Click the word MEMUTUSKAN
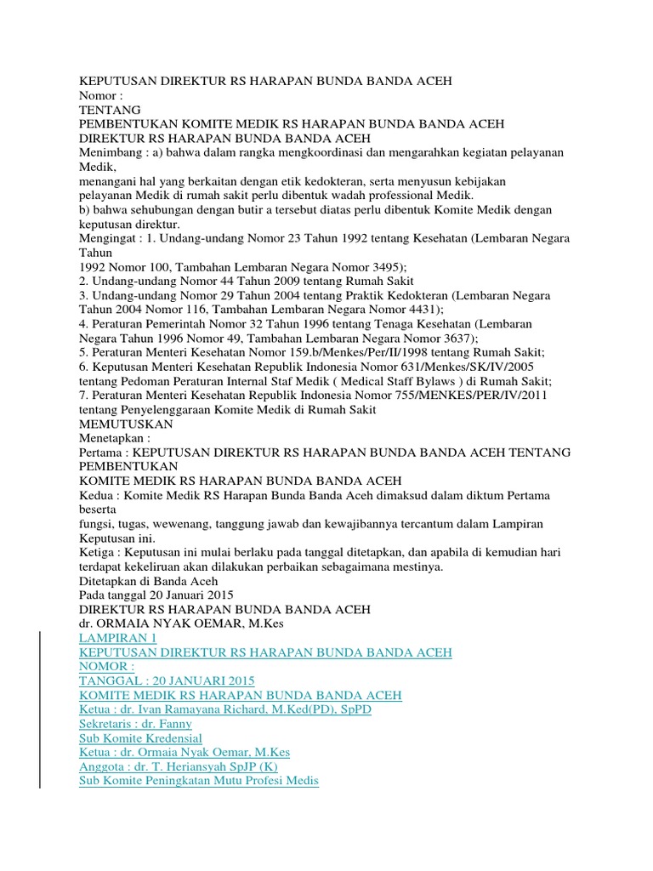tap(126, 423)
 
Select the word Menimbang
tap(108, 151)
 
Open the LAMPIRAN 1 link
tap(117, 638)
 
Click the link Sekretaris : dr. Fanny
tap(135, 724)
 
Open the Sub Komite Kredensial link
tap(140, 738)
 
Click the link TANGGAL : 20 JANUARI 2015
tap(166, 680)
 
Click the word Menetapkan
tap(114, 437)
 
